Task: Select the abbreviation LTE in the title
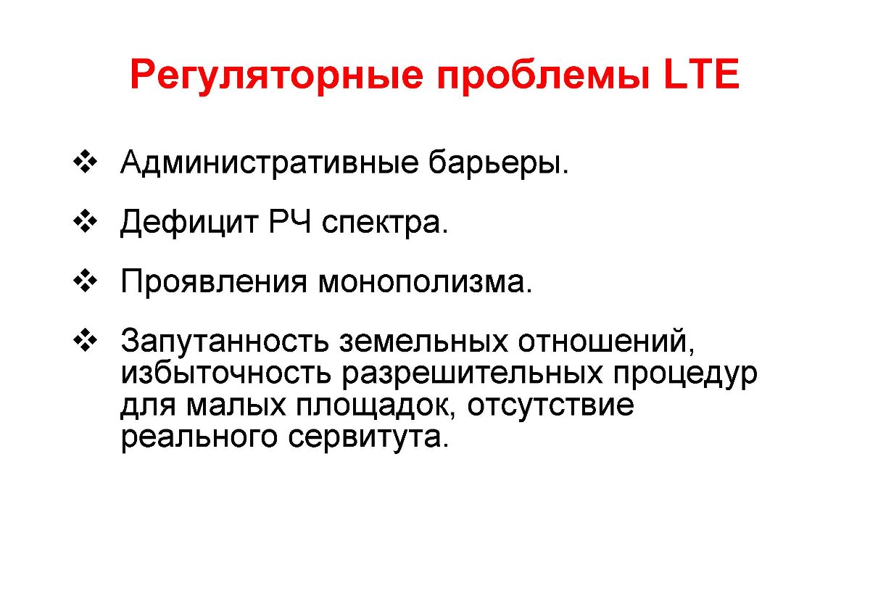(x=702, y=74)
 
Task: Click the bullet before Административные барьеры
(x=85, y=161)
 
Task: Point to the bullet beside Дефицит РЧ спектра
(x=85, y=221)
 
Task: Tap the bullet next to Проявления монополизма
(x=85, y=281)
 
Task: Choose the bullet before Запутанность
(x=85, y=340)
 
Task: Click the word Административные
(x=270, y=162)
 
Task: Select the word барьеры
(x=499, y=163)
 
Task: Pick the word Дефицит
(x=189, y=223)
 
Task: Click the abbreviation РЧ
(x=290, y=221)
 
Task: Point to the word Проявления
(x=214, y=281)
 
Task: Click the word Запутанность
(x=225, y=341)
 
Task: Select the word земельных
(x=423, y=342)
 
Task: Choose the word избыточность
(x=226, y=373)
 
